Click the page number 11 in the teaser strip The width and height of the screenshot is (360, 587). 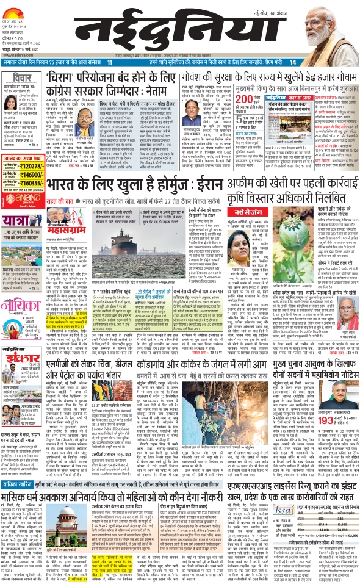[110, 63]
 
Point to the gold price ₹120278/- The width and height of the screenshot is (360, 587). [30, 165]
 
